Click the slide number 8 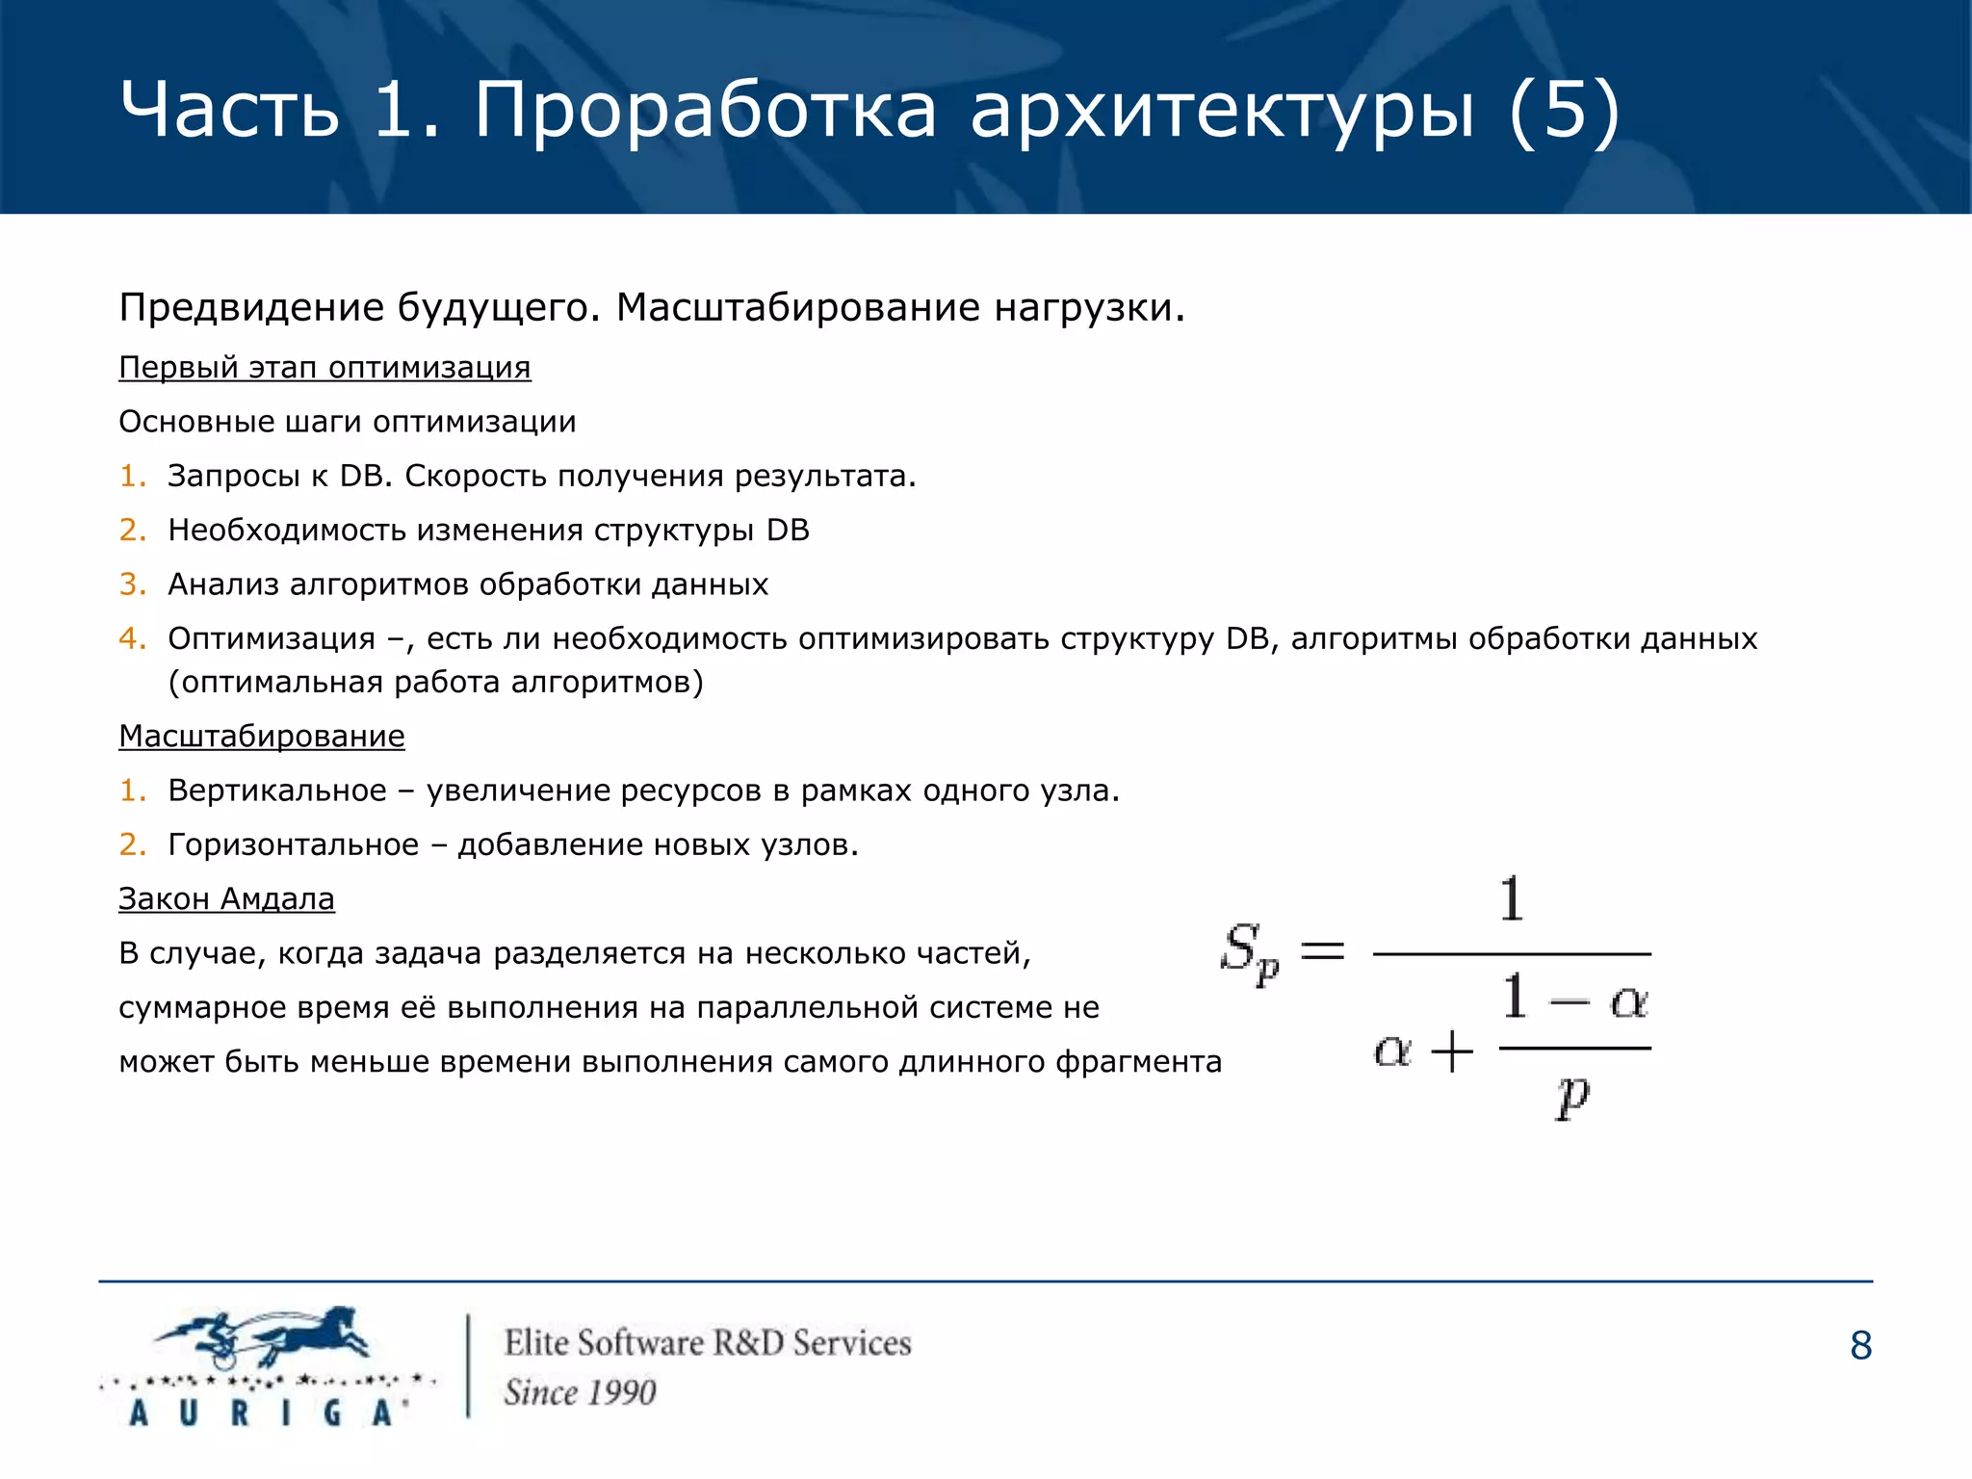point(1860,1346)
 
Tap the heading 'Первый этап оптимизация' point(324,368)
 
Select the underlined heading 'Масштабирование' point(262,737)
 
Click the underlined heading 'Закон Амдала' point(226,899)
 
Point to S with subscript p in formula point(1248,952)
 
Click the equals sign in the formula point(1322,952)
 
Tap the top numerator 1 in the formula point(1512,899)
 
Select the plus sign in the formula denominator point(1452,1051)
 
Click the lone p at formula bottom point(1572,1095)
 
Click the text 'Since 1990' point(580,1392)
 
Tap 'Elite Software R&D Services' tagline point(708,1343)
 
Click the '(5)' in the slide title point(1564,111)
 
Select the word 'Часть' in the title point(229,111)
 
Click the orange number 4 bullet point(132,638)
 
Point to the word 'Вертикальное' point(277,791)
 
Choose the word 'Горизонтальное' point(294,845)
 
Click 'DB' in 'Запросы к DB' point(361,477)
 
